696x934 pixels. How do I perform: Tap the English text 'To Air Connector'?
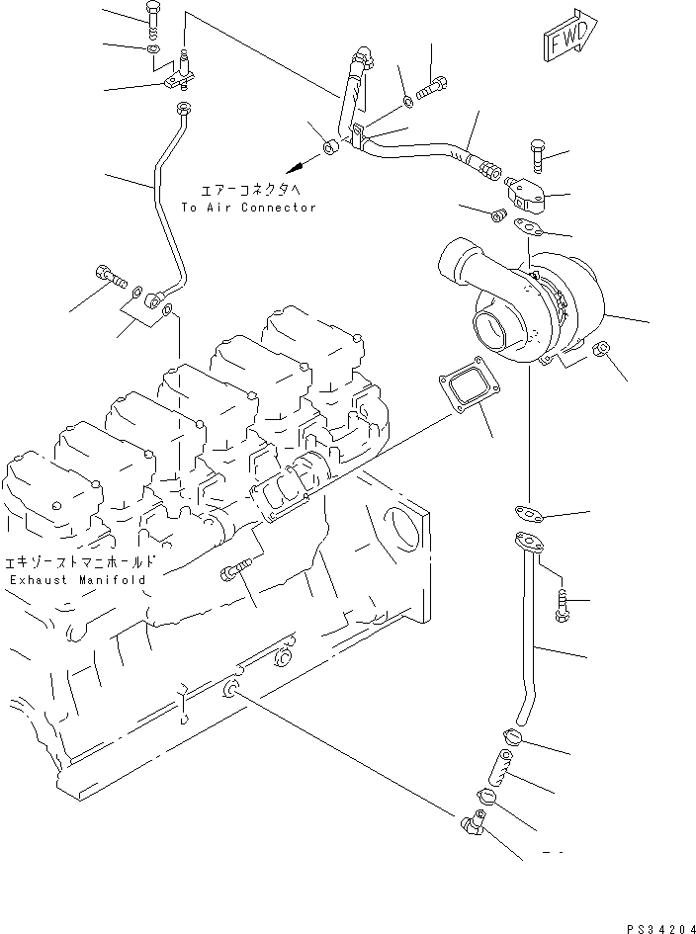248,208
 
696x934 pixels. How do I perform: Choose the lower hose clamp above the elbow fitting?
487,796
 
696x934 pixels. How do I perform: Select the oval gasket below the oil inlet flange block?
532,229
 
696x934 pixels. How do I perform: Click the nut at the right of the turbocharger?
599,351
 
